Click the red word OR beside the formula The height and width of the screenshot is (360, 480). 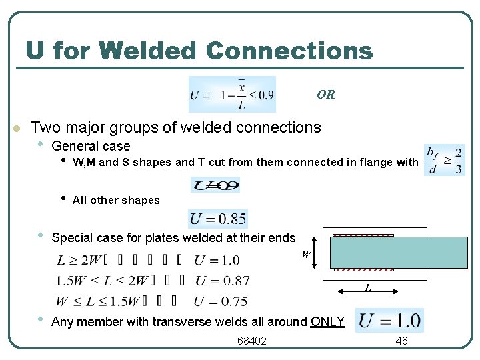[x=326, y=94]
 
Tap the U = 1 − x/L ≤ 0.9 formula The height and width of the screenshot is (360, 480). [x=231, y=95]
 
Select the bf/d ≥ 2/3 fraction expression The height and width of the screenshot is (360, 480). [x=445, y=161]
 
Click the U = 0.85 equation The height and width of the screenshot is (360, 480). [x=218, y=219]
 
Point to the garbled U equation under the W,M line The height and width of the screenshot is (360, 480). [x=215, y=185]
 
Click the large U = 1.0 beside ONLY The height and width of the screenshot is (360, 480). [x=390, y=321]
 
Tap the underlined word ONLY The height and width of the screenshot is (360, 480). [x=327, y=322]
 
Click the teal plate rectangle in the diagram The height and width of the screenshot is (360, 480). [x=399, y=252]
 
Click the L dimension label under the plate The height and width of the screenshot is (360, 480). [x=367, y=288]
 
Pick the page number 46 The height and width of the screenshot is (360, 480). [x=401, y=341]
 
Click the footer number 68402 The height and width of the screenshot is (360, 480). [x=252, y=341]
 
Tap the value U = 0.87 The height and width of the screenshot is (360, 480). [x=222, y=281]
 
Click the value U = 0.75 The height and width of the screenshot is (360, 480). [x=222, y=301]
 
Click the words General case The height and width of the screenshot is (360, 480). [x=91, y=146]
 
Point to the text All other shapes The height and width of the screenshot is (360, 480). [x=116, y=200]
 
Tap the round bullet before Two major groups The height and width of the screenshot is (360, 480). [x=17, y=128]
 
